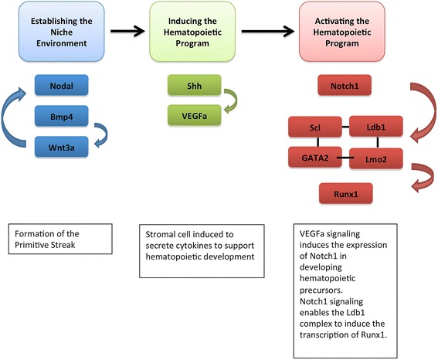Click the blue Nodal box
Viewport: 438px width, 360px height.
[x=62, y=85]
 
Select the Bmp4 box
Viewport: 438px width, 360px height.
[x=62, y=116]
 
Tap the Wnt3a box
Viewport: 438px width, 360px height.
[x=62, y=147]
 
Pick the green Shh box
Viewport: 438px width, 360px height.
[x=194, y=85]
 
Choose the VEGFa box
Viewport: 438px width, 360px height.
[x=194, y=115]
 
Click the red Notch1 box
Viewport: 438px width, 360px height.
[x=345, y=85]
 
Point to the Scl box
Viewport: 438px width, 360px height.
[x=315, y=127]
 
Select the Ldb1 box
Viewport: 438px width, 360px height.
[x=376, y=127]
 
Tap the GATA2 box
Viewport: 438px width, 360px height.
[x=315, y=158]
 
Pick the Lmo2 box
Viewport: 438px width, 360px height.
[x=376, y=158]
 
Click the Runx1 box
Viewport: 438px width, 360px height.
[x=346, y=193]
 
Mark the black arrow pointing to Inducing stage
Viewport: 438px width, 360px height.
[x=127, y=31]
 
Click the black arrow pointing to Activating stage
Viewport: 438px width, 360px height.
[x=268, y=31]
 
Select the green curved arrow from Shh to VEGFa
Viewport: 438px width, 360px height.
[x=235, y=100]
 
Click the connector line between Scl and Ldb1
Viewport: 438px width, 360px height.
[x=345, y=127]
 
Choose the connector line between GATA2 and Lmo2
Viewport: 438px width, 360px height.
[x=345, y=158]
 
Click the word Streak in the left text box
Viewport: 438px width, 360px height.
[x=63, y=245]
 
